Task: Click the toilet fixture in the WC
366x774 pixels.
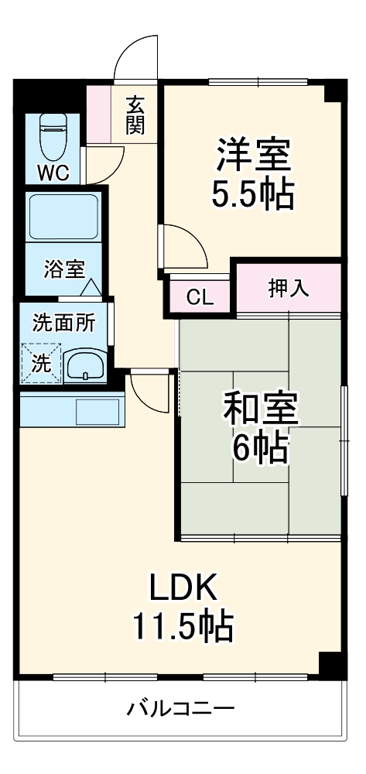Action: pyautogui.click(x=53, y=135)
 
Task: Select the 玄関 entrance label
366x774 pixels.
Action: pyautogui.click(x=136, y=115)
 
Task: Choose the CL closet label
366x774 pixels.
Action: pyautogui.click(x=200, y=296)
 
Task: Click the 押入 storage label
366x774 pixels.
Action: pyautogui.click(x=289, y=288)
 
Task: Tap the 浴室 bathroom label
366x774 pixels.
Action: pyautogui.click(x=63, y=269)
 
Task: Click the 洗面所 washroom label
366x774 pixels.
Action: pyautogui.click(x=63, y=323)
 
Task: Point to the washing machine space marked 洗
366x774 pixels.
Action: pyautogui.click(x=39, y=363)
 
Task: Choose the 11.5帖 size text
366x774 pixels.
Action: pyautogui.click(x=183, y=626)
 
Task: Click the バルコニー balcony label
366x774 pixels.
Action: pyautogui.click(x=180, y=707)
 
